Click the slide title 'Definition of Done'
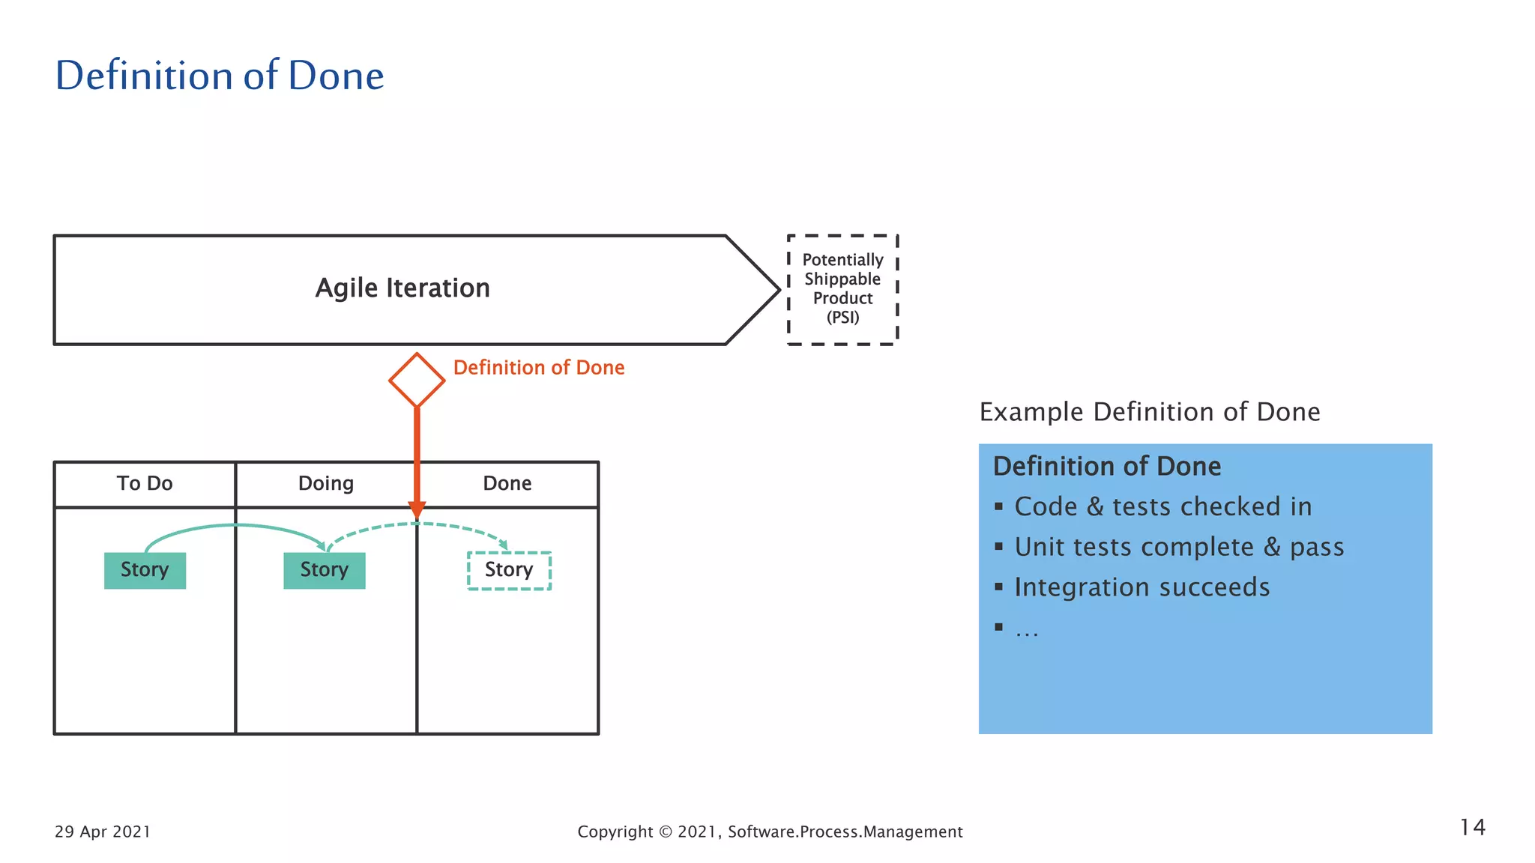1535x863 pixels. click(x=220, y=76)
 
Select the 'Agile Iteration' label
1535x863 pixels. click(x=402, y=288)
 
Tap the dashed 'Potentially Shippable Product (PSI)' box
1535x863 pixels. click(x=842, y=289)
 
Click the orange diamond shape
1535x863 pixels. click(x=417, y=381)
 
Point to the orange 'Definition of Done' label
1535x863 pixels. click(x=539, y=368)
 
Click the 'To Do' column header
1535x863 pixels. click(x=145, y=484)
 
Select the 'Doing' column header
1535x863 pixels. click(x=326, y=484)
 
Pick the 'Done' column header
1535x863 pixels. click(x=507, y=484)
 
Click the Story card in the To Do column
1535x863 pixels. click(x=145, y=570)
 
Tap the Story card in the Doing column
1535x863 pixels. click(x=325, y=570)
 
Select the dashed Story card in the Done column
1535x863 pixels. click(x=509, y=570)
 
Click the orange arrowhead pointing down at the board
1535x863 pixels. click(x=417, y=509)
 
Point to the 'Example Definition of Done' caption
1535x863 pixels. click(x=1150, y=412)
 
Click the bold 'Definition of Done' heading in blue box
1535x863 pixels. click(x=1107, y=467)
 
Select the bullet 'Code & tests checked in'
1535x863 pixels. click(x=1162, y=507)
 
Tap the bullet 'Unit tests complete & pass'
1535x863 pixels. click(x=1179, y=548)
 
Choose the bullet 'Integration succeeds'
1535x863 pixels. click(x=1142, y=588)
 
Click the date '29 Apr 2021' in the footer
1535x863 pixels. click(x=103, y=832)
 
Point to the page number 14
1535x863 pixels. click(x=1472, y=828)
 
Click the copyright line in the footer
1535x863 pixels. click(x=770, y=832)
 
